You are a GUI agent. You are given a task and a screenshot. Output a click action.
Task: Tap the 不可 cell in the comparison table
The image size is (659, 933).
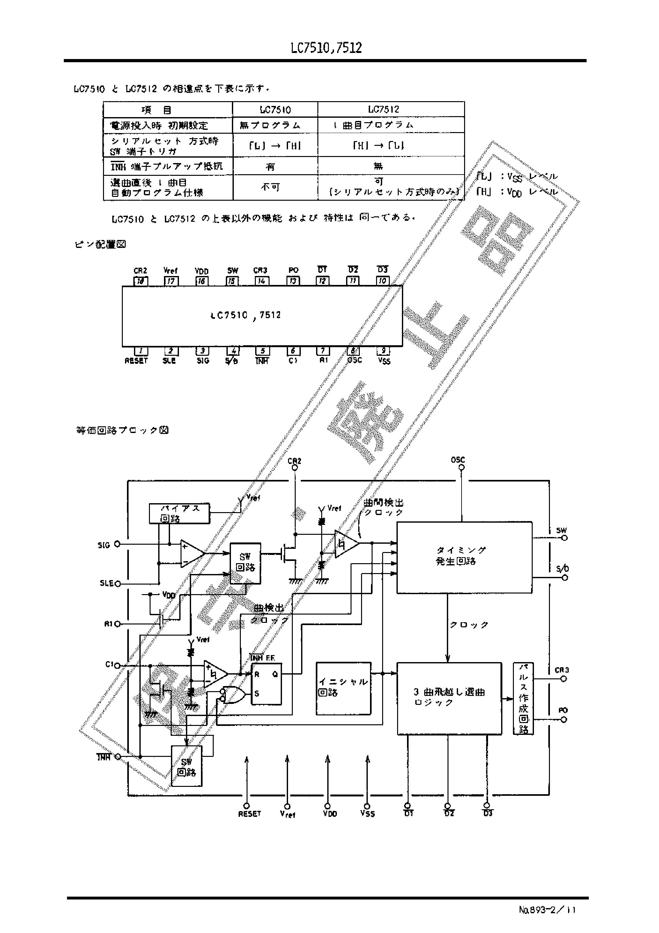pos(270,187)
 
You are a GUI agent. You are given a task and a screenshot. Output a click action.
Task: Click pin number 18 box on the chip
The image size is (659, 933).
pos(141,281)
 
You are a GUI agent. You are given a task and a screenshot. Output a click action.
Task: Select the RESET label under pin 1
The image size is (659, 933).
pos(136,361)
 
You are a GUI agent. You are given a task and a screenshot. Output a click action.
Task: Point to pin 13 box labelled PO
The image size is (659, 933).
pos(293,281)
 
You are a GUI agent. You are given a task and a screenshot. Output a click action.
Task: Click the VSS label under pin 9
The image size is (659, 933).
pos(384,361)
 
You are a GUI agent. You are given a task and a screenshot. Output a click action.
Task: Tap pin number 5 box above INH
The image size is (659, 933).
pos(263,351)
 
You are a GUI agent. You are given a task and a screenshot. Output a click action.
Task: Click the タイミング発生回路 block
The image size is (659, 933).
pos(464,557)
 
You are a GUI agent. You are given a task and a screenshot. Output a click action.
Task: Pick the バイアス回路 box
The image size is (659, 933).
pos(179,513)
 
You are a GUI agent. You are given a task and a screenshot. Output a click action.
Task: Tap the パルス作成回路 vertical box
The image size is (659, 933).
pos(523,698)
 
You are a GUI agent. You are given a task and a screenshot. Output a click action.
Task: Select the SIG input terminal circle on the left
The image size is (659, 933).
pos(117,544)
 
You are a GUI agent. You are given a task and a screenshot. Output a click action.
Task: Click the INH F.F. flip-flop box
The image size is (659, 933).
pos(266,684)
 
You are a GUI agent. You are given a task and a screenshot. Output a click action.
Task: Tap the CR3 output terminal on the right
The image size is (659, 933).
pos(564,679)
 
